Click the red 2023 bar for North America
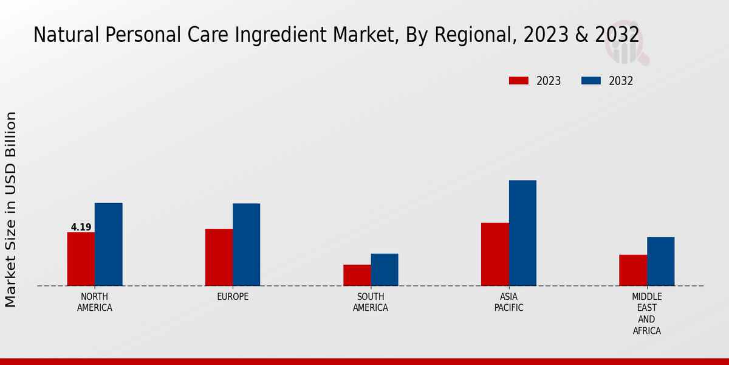click(x=81, y=259)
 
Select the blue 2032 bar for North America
click(x=109, y=245)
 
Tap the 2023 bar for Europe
click(x=219, y=257)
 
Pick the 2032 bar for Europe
click(x=247, y=245)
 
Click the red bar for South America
click(x=357, y=275)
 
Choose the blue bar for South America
click(x=385, y=269)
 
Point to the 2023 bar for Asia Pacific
click(x=495, y=254)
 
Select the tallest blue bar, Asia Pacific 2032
click(x=522, y=233)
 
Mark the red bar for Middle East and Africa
click(x=633, y=270)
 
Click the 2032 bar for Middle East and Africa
click(x=661, y=262)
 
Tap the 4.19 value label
click(x=81, y=228)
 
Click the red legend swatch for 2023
click(x=519, y=81)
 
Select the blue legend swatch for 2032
click(x=591, y=81)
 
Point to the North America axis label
click(x=95, y=302)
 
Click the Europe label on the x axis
click(x=233, y=297)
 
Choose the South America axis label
click(x=371, y=302)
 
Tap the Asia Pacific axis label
click(x=509, y=302)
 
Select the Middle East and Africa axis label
click(x=647, y=314)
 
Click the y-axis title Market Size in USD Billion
click(x=11, y=209)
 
